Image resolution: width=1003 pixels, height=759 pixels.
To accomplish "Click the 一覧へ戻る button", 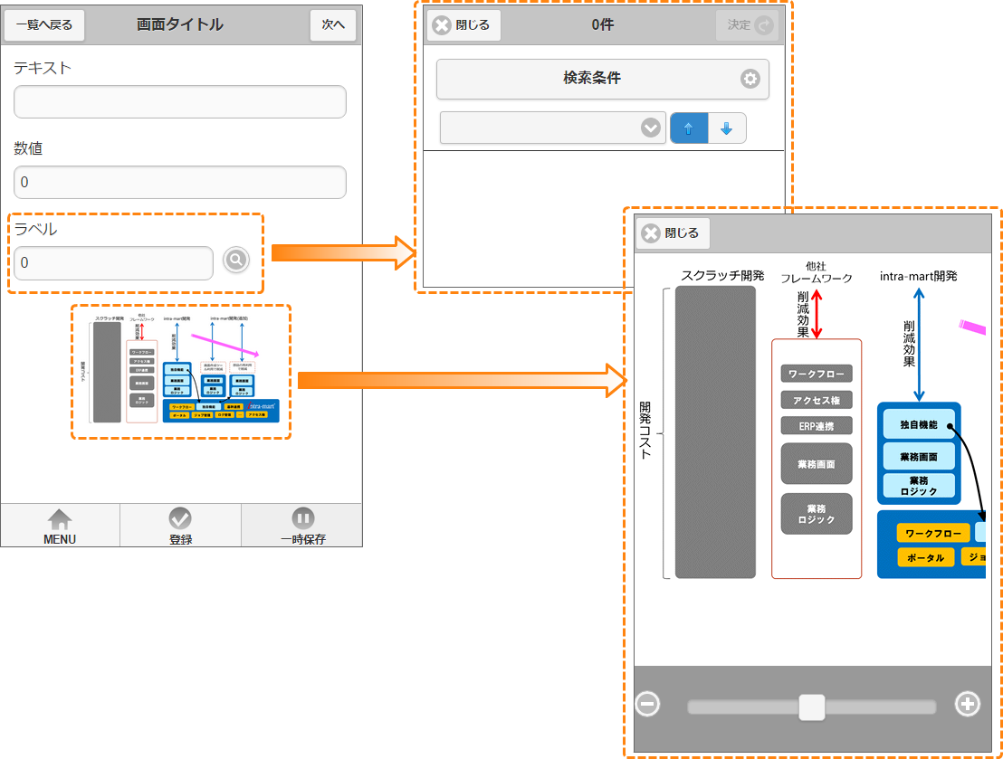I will (44, 25).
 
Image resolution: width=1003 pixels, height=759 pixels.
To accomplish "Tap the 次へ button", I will (333, 25).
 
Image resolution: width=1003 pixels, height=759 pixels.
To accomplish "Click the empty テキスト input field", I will (180, 102).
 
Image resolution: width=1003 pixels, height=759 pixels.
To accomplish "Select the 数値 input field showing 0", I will (180, 183).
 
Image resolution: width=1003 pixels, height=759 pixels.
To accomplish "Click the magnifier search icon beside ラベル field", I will (235, 261).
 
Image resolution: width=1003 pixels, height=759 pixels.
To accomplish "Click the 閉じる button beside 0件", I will (463, 25).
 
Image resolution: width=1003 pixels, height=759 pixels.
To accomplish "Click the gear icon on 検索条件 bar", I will (750, 79).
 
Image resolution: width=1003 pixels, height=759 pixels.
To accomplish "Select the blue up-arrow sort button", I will (688, 128).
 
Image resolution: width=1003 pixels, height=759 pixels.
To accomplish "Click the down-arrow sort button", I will (726, 128).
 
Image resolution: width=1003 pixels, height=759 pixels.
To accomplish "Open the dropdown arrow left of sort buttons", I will (650, 128).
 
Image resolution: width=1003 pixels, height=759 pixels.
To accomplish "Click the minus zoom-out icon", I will (647, 704).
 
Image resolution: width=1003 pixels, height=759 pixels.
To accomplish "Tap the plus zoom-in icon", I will (968, 704).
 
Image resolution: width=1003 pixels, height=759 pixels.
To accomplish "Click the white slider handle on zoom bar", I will (812, 707).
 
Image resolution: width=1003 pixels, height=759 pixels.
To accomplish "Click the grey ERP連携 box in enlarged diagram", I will (817, 425).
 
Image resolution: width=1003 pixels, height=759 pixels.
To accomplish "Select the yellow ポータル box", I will (925, 557).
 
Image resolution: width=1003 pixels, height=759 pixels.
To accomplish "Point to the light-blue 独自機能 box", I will (919, 424).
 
